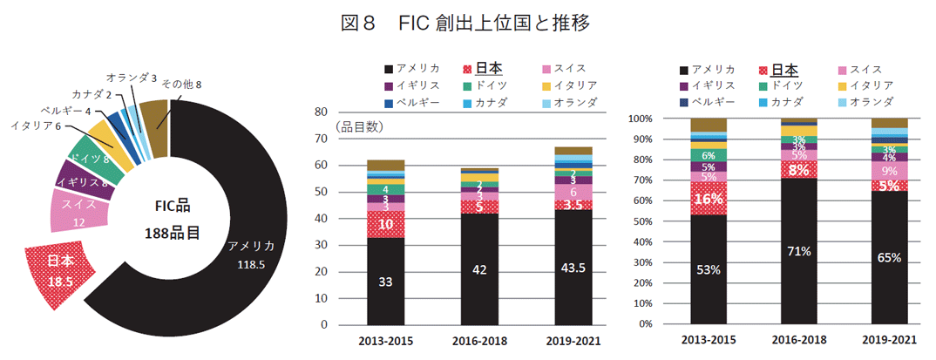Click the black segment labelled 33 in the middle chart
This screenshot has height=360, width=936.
click(384, 282)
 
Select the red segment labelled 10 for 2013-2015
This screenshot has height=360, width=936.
click(384, 224)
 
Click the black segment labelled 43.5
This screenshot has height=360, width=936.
click(573, 267)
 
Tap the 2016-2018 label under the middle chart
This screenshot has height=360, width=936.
click(478, 340)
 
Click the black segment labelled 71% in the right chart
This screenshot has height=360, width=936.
click(799, 251)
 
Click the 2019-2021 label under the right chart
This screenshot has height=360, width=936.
click(889, 340)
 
